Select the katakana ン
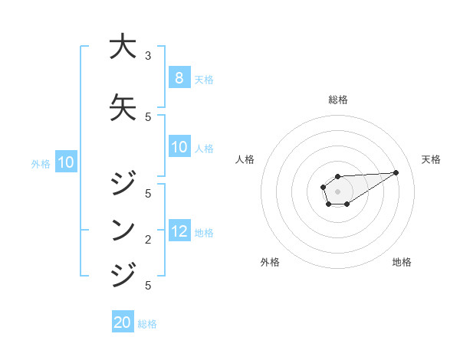click(x=123, y=228)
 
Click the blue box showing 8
click(x=179, y=77)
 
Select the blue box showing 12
click(x=179, y=231)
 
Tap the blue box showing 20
click(x=123, y=322)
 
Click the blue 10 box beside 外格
click(x=65, y=162)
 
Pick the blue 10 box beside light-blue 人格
click(x=179, y=147)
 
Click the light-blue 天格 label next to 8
click(x=204, y=79)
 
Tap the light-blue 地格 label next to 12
click(x=204, y=233)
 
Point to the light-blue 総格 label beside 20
click(x=147, y=324)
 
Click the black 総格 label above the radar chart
click(x=338, y=100)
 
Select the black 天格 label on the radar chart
click(x=431, y=159)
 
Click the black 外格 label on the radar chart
click(x=270, y=262)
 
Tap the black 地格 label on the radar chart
click(x=402, y=262)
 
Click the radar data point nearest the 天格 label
click(x=396, y=172)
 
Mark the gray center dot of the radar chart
click(x=338, y=191)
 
